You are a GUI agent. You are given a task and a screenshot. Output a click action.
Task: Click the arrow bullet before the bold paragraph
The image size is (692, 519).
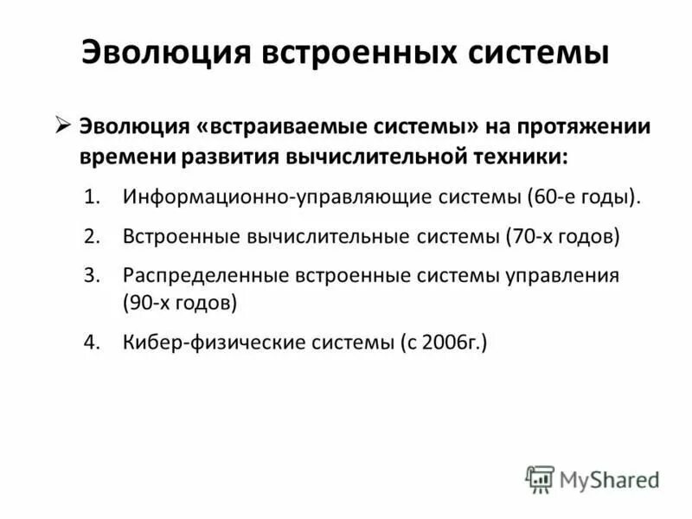(63, 125)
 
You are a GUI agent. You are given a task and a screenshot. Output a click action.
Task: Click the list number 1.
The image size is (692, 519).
(93, 197)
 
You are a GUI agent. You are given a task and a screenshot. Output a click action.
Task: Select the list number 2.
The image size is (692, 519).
(93, 237)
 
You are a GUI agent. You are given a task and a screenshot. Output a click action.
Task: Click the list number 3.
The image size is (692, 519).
(93, 276)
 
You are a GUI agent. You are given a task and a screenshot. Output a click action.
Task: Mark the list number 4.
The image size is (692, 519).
(93, 343)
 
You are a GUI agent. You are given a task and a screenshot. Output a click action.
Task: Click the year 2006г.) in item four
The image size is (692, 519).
(458, 343)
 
